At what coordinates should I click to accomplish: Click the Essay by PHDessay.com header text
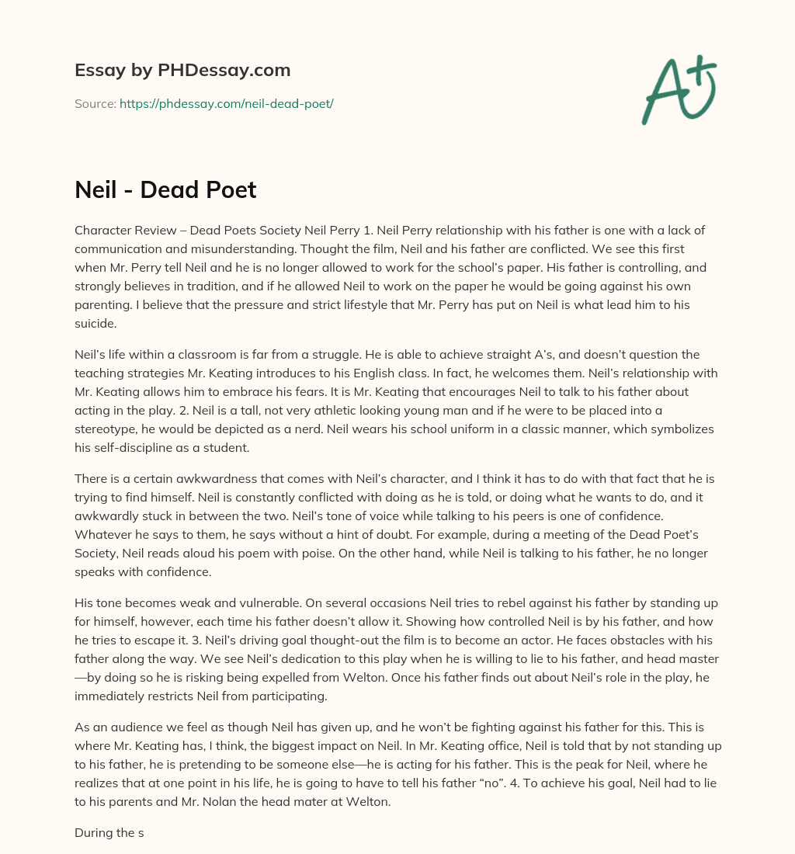tap(182, 71)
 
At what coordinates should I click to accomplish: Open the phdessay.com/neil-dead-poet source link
tap(226, 103)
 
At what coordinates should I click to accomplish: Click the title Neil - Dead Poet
tap(165, 189)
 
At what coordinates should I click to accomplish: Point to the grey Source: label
tap(95, 103)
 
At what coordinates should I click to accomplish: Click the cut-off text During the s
tap(109, 833)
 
